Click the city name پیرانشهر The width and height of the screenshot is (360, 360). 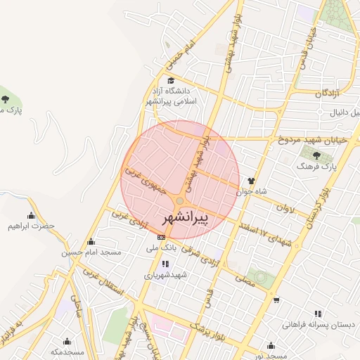190,219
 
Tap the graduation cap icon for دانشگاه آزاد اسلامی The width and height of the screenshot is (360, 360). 171,81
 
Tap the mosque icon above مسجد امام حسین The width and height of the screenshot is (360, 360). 89,241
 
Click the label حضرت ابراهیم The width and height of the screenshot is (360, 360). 31,226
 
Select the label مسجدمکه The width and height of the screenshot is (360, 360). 68,351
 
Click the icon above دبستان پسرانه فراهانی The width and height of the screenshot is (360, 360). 318,314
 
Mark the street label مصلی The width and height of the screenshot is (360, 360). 245,281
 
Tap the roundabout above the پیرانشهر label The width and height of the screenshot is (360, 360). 180,202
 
